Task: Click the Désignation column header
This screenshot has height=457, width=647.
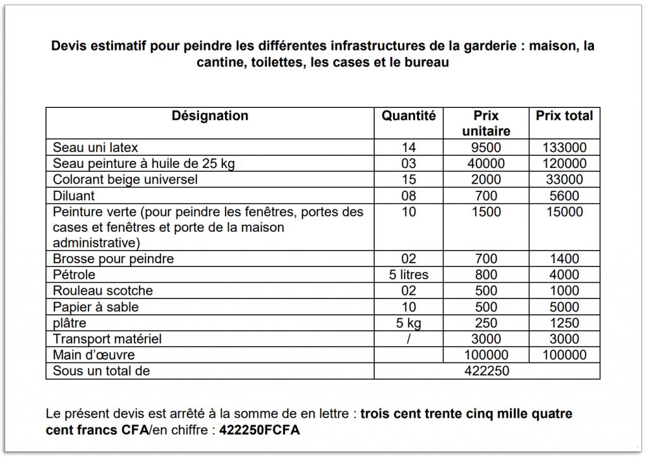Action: point(210,116)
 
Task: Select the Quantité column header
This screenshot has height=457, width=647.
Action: point(409,116)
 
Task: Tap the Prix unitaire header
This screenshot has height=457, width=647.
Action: point(486,123)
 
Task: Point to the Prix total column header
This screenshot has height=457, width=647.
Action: point(564,116)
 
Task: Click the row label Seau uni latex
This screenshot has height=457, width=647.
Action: point(95,148)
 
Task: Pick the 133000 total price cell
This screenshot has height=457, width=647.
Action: point(564,148)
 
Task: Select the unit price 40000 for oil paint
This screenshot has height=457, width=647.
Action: point(486,163)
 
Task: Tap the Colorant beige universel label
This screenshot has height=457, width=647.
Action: point(125,179)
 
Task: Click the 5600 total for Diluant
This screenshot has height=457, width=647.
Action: point(564,196)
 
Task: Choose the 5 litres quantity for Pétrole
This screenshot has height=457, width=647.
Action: point(409,275)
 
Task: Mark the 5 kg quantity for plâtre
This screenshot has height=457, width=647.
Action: point(409,323)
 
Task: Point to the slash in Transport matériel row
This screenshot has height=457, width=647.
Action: point(409,339)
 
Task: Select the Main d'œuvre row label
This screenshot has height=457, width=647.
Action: point(94,355)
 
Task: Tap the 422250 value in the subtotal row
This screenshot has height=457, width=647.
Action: point(487,371)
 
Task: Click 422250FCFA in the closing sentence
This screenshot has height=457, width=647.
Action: point(260,431)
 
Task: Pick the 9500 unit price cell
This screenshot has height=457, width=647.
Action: point(486,148)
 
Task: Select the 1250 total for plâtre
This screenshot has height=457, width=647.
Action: point(564,323)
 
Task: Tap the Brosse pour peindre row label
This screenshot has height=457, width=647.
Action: point(113,259)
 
